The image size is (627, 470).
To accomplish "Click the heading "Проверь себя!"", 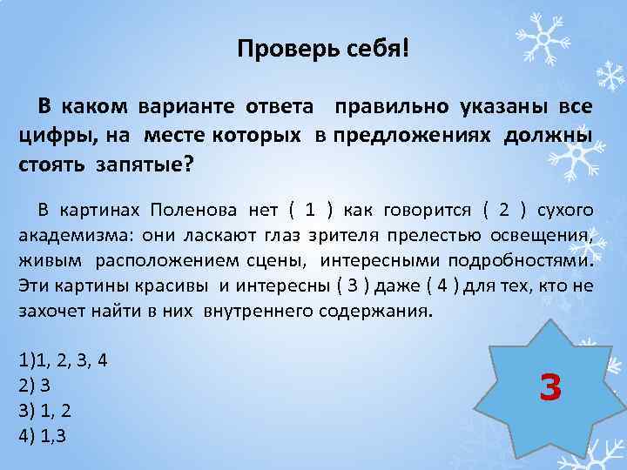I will [322, 49].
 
